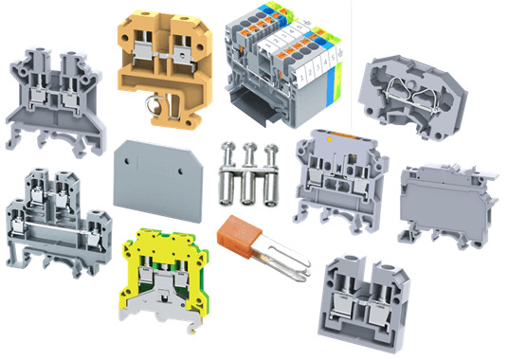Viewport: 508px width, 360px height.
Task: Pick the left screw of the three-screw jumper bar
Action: point(228,176)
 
